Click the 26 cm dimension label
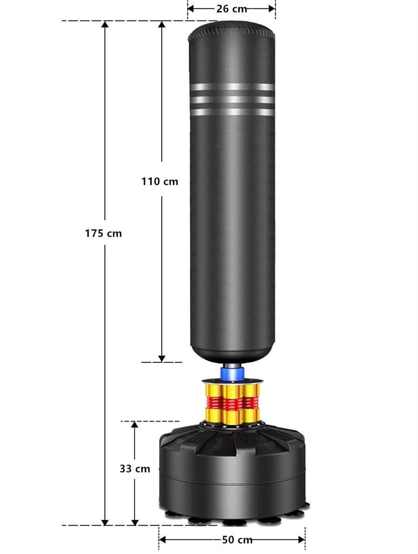232,9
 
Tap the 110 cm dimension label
160,182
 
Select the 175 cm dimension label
103,233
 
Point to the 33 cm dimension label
135,469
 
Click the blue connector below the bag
232,374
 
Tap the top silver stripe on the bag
232,87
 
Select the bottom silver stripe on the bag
232,112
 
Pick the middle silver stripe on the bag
232,100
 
